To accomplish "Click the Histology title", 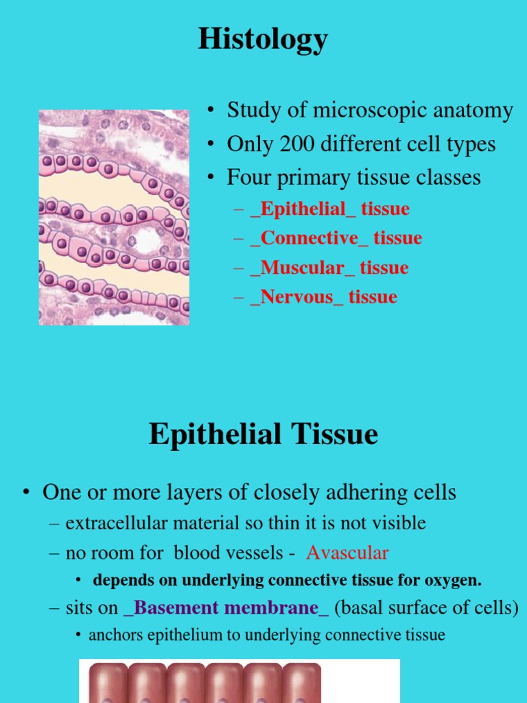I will click(263, 40).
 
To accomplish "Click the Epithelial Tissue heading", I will click(263, 435).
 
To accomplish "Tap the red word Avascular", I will click(347, 552).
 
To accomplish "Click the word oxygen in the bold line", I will click(454, 580).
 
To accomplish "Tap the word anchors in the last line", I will click(115, 635).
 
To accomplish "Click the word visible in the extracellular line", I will click(398, 523).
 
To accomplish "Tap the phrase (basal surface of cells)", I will click(427, 608).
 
